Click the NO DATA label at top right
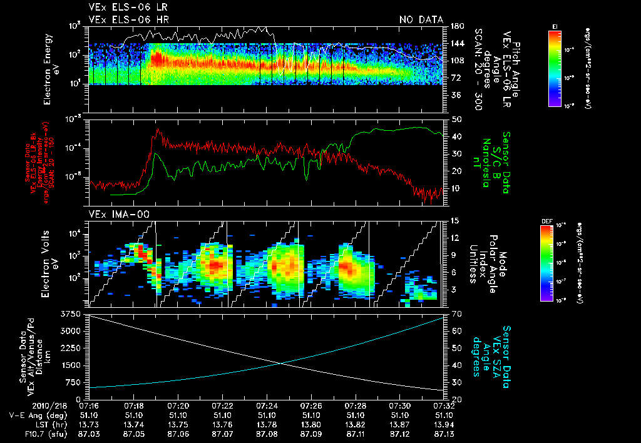(x=421, y=20)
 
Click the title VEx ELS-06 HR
(x=122, y=20)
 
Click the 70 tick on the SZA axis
(x=454, y=313)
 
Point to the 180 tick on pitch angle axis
(x=456, y=26)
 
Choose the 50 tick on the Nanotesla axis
(x=456, y=119)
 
